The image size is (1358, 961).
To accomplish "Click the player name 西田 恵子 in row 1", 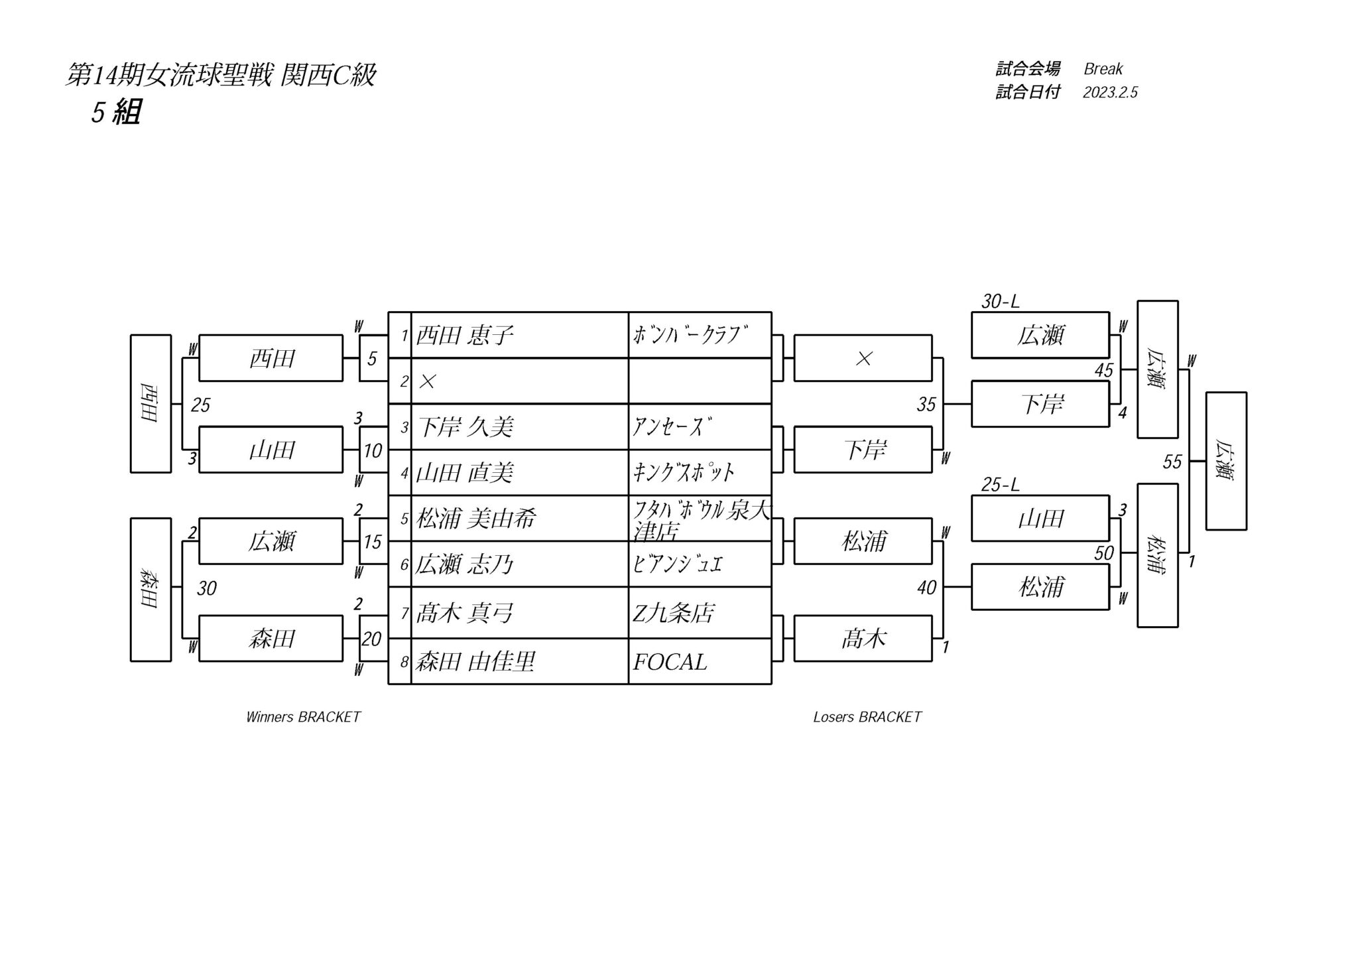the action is point(465,336).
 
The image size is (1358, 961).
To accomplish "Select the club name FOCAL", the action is point(670,662).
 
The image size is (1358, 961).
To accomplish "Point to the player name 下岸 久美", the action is point(465,427).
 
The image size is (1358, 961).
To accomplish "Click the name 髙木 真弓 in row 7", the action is point(465,613).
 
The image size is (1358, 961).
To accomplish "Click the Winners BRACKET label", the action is point(303,717).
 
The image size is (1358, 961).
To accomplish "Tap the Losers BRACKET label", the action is point(867,717).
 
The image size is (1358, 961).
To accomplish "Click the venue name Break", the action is point(1103,69).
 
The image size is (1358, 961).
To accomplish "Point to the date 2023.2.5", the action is point(1110,92).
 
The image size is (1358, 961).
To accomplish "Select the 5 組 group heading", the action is point(116,112).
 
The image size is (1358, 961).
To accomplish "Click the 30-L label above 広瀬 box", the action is point(1000,302).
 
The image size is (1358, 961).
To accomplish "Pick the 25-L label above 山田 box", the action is point(1000,485).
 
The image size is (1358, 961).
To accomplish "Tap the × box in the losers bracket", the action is point(863,358).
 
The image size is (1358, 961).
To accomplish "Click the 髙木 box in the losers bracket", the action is point(863,639).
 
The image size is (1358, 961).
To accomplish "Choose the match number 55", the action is point(1172,462).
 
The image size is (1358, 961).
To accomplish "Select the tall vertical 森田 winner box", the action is point(151,590).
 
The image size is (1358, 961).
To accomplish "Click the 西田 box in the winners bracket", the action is point(271,358).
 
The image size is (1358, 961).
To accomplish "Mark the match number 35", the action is point(926,405).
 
